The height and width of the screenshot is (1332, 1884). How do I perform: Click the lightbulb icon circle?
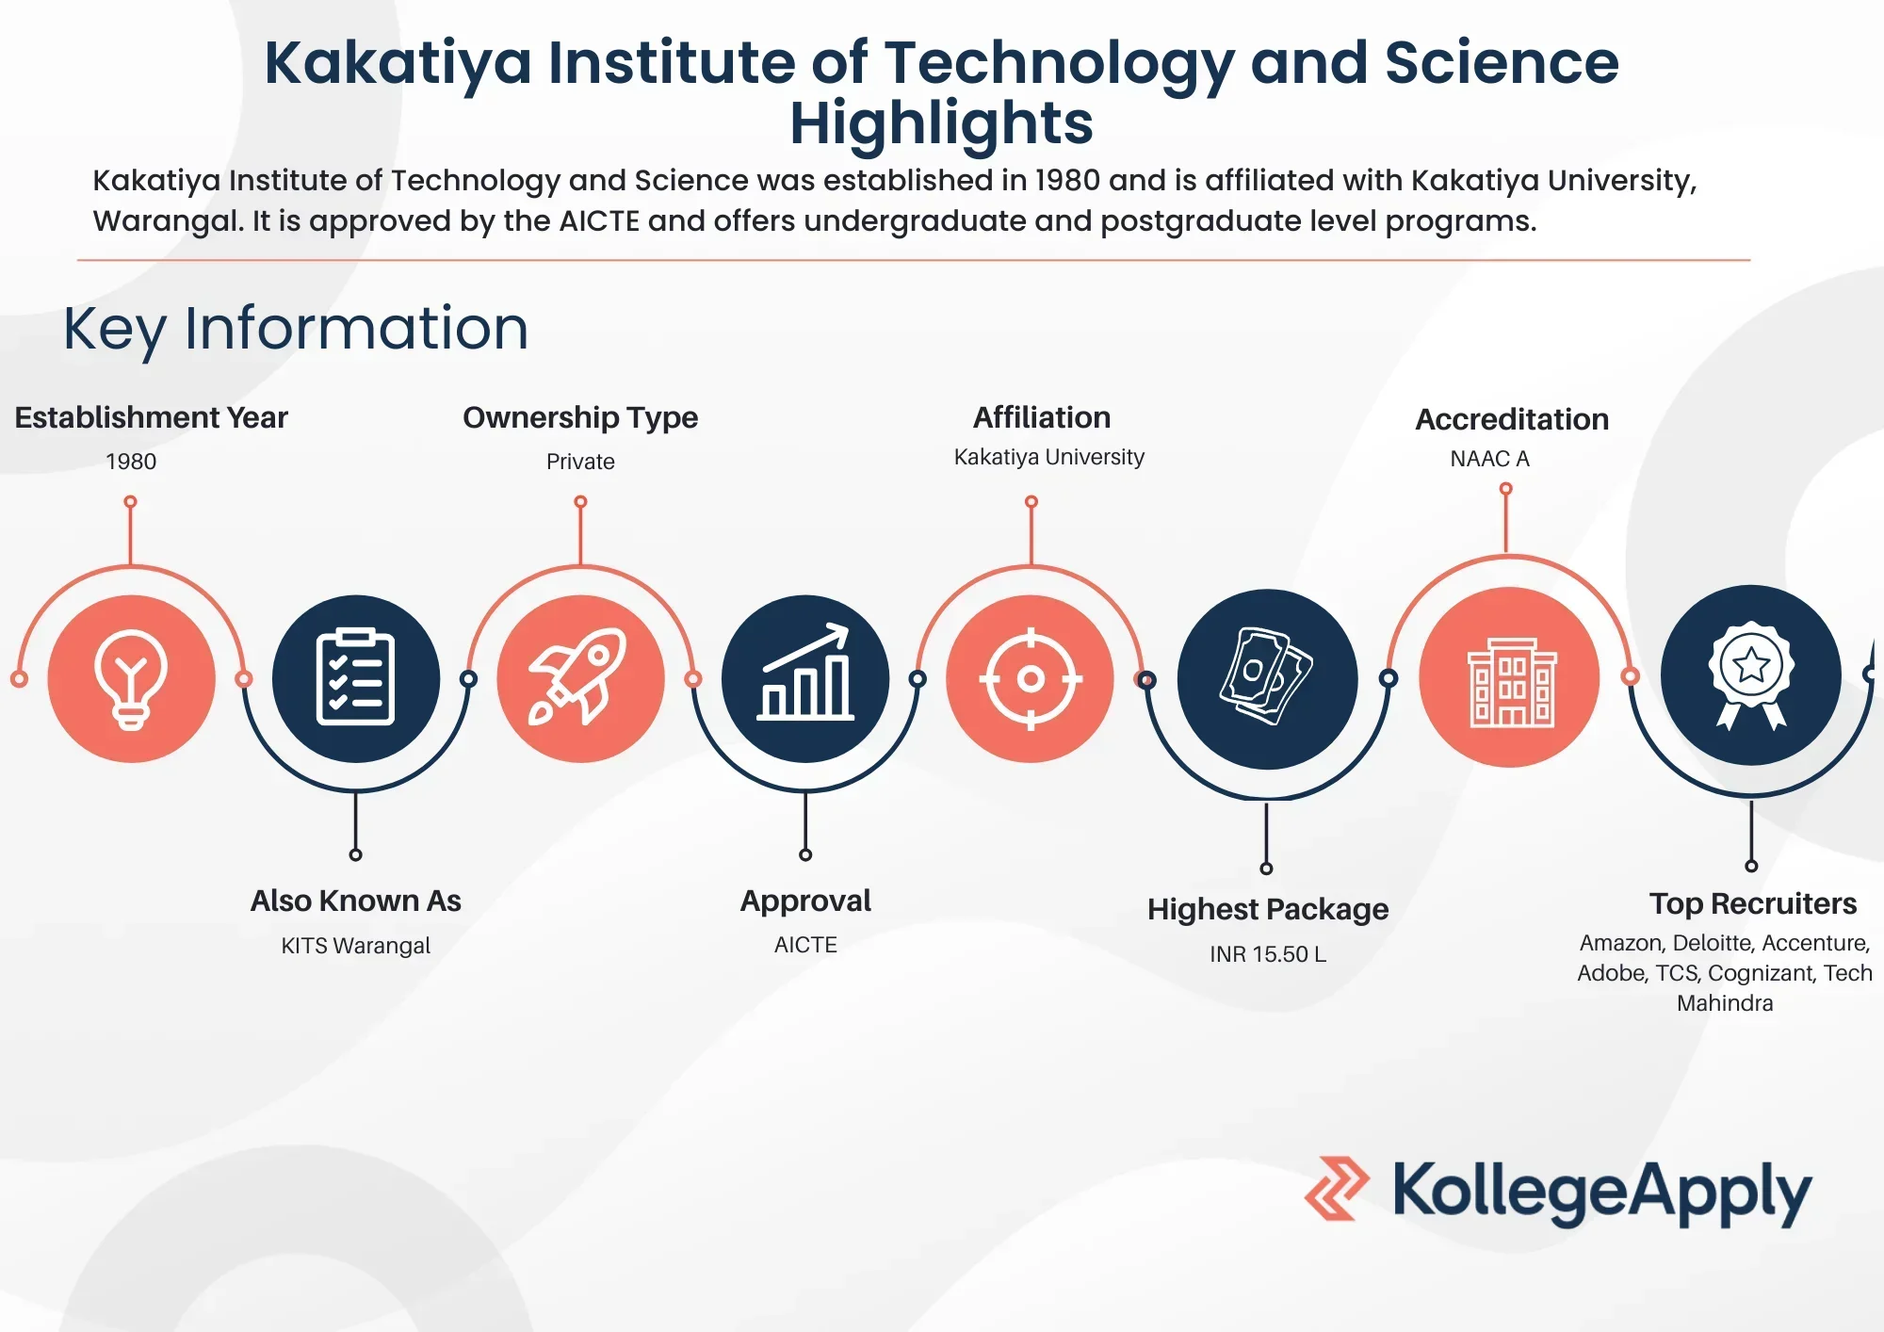pyautogui.click(x=131, y=678)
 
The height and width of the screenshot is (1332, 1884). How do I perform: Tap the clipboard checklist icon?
pyautogui.click(x=355, y=678)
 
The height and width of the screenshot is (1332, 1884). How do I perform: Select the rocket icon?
pyautogui.click(x=580, y=678)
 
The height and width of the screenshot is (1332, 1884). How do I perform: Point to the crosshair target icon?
pyautogui.click(x=1031, y=678)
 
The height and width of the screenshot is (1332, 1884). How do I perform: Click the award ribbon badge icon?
pyautogui.click(x=1751, y=675)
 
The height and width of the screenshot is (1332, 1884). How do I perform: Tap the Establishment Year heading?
pyautogui.click(x=151, y=417)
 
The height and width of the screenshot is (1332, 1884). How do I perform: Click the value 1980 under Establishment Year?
pyautogui.click(x=131, y=462)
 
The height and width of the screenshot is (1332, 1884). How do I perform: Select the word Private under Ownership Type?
pyautogui.click(x=580, y=462)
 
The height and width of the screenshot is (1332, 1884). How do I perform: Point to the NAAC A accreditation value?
pyautogui.click(x=1489, y=459)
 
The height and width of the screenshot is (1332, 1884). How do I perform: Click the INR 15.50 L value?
pyautogui.click(x=1268, y=954)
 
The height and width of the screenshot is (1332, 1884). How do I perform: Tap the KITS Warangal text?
pyautogui.click(x=355, y=946)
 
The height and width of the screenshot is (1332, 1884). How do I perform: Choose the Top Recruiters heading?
pyautogui.click(x=1753, y=903)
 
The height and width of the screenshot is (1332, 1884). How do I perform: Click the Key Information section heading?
pyautogui.click(x=296, y=330)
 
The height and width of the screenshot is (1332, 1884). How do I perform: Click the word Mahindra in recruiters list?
pyautogui.click(x=1725, y=1003)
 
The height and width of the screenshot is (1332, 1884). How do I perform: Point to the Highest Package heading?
pyautogui.click(x=1268, y=910)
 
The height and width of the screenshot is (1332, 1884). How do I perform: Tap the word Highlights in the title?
pyautogui.click(x=942, y=124)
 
